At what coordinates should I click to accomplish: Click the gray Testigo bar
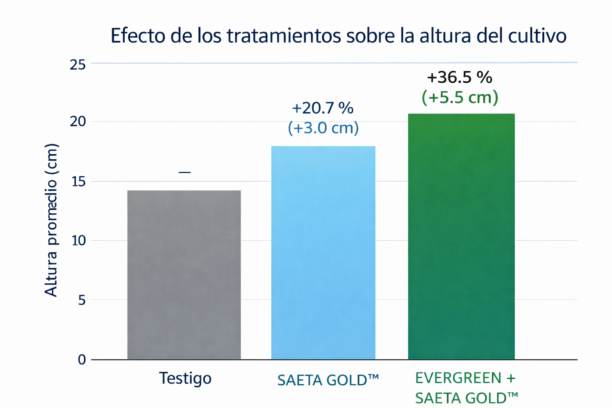(184, 275)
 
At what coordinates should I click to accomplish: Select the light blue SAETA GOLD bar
(323, 253)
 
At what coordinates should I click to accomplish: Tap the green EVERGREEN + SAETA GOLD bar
(461, 237)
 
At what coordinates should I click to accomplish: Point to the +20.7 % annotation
(323, 108)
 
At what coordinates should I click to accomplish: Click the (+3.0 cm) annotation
(323, 128)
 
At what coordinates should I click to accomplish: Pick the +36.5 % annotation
(459, 77)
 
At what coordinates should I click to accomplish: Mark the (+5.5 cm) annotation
(460, 97)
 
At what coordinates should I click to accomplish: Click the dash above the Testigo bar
(184, 173)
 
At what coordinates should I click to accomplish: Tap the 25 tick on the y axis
(78, 65)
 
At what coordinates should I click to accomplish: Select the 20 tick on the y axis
(78, 122)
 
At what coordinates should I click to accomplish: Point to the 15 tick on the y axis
(78, 182)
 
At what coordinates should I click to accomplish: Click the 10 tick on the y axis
(78, 241)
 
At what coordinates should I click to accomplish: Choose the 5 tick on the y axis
(82, 300)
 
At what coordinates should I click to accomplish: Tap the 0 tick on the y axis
(82, 360)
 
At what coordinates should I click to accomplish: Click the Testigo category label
(185, 379)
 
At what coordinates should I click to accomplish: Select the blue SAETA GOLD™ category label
(328, 380)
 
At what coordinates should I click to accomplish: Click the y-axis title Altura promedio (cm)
(51, 220)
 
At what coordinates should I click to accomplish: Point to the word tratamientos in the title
(284, 36)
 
